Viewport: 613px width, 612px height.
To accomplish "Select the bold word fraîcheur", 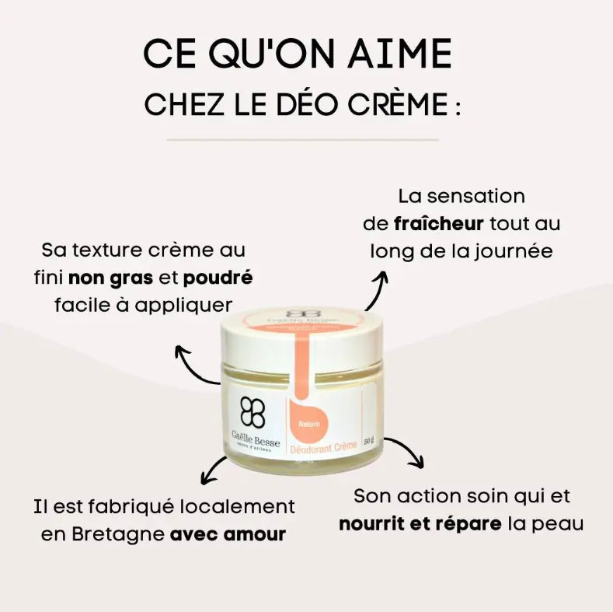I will [439, 224].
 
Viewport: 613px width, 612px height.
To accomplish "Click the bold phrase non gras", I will [111, 278].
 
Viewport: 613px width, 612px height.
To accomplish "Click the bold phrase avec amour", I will [228, 535].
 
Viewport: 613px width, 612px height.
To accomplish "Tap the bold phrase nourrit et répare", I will [420, 523].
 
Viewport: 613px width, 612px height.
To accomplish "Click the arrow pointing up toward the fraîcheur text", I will [378, 290].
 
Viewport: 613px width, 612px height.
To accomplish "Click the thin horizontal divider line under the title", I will [302, 140].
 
